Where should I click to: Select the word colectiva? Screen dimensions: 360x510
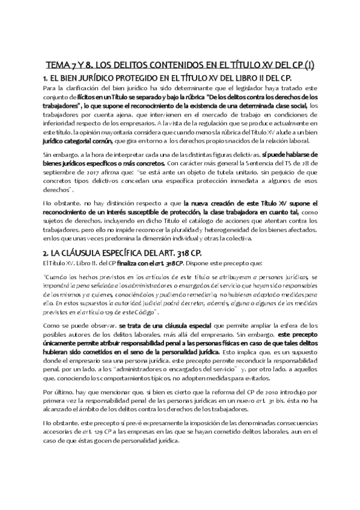(237, 239)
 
